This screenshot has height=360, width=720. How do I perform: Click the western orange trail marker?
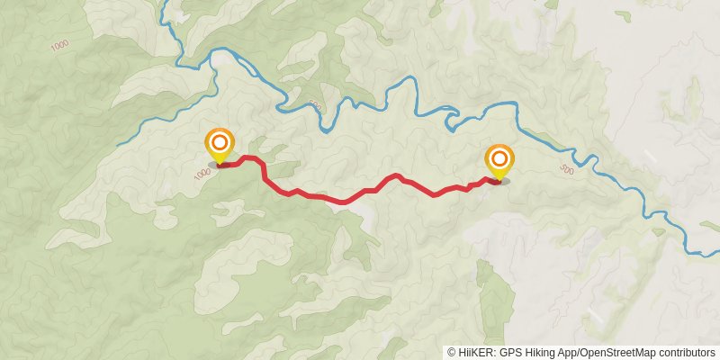point(220,145)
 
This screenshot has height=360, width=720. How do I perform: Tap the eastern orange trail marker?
point(499,160)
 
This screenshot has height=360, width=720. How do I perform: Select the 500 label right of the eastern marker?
point(565,169)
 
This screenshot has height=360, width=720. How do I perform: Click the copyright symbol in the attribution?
point(451,353)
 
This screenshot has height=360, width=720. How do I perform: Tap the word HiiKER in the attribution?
point(473,353)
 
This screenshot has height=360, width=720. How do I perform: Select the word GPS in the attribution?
point(508,353)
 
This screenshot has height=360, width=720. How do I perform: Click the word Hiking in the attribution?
point(537,353)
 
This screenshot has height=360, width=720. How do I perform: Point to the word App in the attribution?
point(566,353)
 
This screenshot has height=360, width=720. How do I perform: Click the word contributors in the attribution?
point(685,353)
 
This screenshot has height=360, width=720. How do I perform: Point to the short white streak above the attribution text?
point(594,316)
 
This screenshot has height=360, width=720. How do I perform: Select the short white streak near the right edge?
point(650,157)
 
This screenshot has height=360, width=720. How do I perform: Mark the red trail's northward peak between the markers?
point(396,175)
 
